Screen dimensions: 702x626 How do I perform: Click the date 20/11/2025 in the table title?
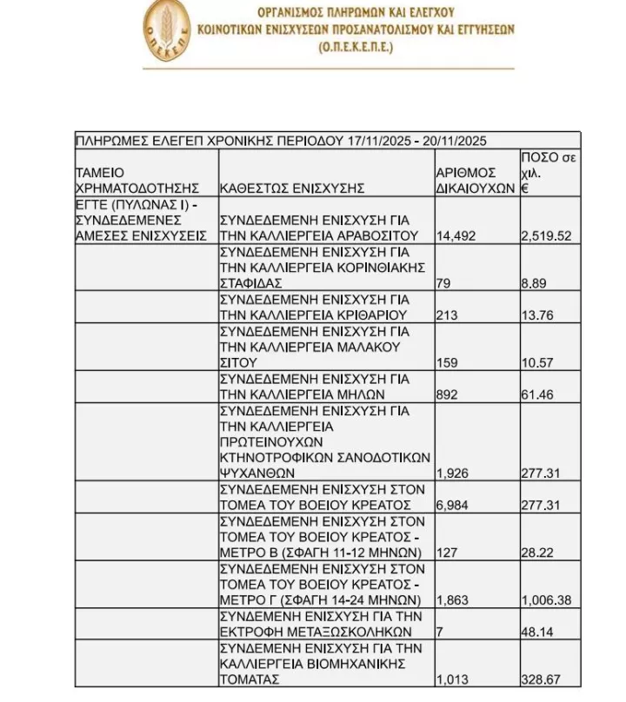click(x=451, y=141)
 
